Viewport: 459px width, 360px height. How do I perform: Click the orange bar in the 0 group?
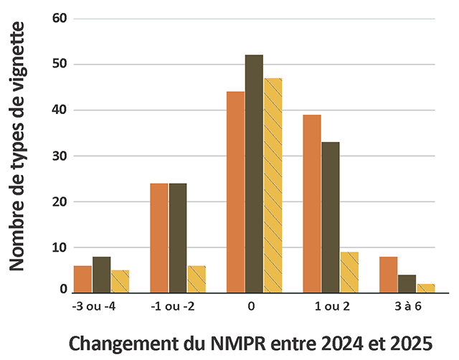[235, 192]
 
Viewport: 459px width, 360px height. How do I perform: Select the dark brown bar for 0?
[254, 174]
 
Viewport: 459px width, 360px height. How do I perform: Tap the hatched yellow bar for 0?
[273, 185]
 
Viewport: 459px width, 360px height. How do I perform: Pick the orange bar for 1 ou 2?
[312, 204]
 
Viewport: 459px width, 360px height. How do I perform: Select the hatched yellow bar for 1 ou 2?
[349, 272]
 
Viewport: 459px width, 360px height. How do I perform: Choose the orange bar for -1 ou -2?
[159, 238]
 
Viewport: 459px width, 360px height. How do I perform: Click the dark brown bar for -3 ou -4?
[101, 275]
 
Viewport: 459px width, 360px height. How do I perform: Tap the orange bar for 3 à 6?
[388, 275]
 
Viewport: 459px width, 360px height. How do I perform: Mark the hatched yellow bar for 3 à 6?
[425, 288]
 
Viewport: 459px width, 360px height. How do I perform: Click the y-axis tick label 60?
[60, 19]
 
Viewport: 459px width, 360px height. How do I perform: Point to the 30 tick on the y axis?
[60, 156]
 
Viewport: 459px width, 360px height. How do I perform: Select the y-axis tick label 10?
[60, 247]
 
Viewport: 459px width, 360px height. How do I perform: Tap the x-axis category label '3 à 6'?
[407, 306]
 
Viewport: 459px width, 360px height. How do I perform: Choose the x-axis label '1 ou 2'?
[331, 306]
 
